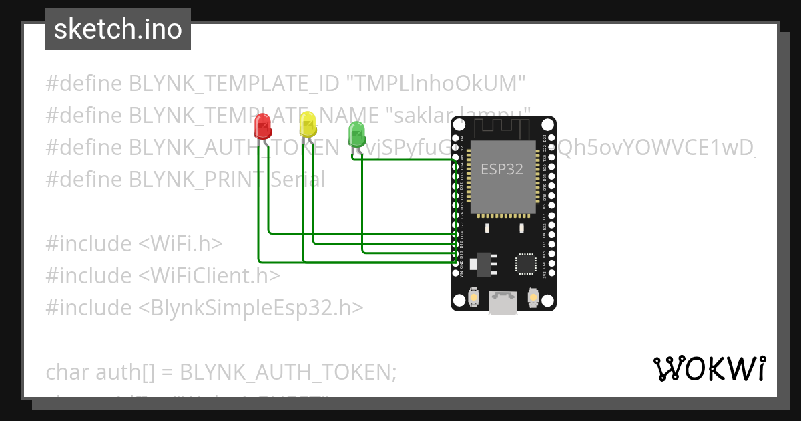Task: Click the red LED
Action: (262, 126)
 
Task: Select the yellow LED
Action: (307, 124)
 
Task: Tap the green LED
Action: (356, 133)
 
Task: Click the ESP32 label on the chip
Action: (502, 169)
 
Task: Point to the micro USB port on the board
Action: (503, 302)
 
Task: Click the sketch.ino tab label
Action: (118, 29)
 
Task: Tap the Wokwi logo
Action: (709, 369)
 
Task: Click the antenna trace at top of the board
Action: (503, 128)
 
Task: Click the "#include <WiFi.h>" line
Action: (134, 244)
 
